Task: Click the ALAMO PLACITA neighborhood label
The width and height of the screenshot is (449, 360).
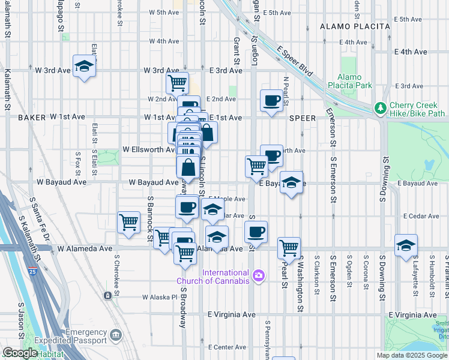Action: point(348,26)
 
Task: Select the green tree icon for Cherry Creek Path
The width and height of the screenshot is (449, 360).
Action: point(379,108)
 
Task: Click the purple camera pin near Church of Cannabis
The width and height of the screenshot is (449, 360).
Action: point(259,276)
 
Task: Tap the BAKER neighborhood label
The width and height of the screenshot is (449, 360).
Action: point(32,118)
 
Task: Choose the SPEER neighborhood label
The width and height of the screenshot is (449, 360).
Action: point(302,118)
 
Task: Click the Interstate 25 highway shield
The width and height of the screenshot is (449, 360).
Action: point(32,271)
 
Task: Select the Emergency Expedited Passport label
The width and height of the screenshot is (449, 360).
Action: point(78,337)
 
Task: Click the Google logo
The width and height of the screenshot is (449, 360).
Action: point(20,353)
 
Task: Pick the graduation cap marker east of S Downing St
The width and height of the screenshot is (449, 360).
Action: point(406,245)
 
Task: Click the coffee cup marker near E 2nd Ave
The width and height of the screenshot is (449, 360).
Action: point(271,100)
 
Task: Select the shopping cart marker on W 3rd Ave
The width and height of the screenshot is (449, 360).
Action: point(177,83)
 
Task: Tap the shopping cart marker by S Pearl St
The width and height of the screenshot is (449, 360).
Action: point(289,248)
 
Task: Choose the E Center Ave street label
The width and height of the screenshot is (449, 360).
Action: point(226,347)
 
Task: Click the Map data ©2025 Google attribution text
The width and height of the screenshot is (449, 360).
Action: point(411,355)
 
